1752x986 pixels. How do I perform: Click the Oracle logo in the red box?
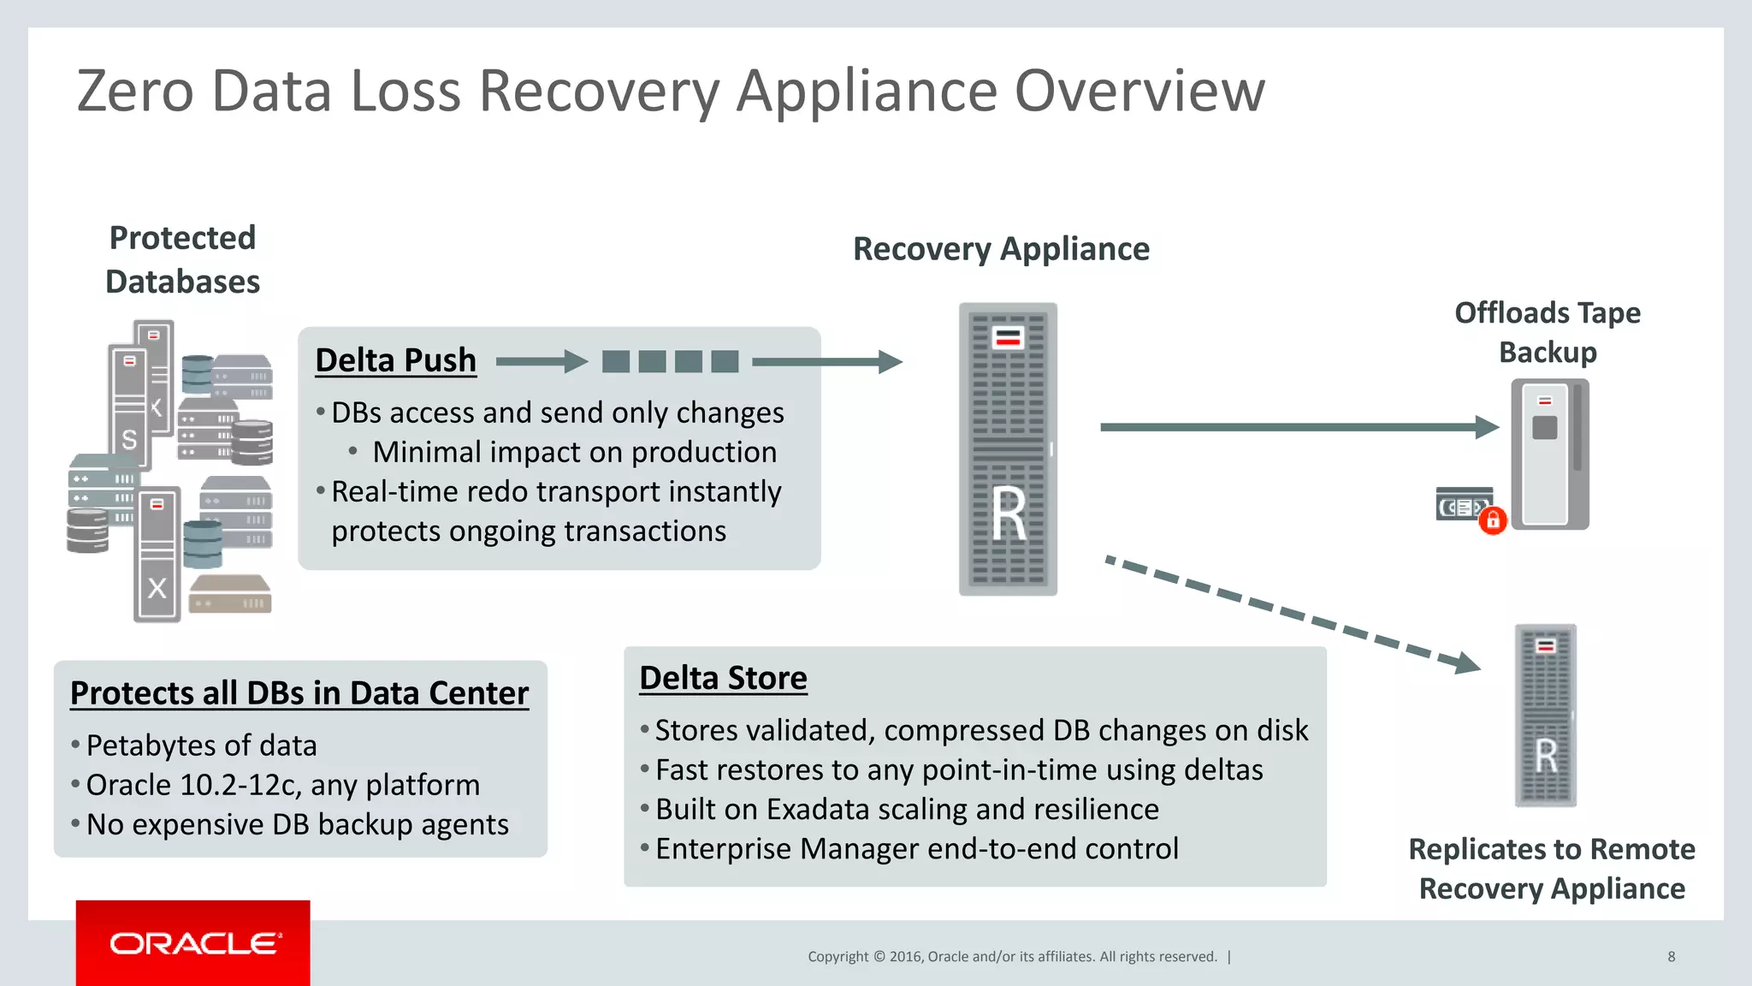pos(194,943)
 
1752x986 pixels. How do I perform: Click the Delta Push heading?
pos(395,360)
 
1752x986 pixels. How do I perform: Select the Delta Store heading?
pos(723,678)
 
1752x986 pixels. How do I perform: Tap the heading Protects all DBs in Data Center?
pos(299,693)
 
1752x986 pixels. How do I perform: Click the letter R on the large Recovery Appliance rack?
pos(1009,514)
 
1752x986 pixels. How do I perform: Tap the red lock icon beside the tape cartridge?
pos(1493,520)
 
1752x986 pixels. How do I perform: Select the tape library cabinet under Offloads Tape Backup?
pos(1550,454)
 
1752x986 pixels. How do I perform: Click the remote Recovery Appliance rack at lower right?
pos(1545,716)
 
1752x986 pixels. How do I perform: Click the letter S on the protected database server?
pos(129,440)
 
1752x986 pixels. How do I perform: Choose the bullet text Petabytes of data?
pos(202,745)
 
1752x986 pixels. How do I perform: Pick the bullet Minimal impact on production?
pos(574,452)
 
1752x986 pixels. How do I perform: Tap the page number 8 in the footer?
pos(1671,957)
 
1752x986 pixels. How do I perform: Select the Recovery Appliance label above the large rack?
pos(1001,249)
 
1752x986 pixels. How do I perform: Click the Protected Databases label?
pos(182,259)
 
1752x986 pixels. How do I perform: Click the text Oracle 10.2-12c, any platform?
pos(283,785)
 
